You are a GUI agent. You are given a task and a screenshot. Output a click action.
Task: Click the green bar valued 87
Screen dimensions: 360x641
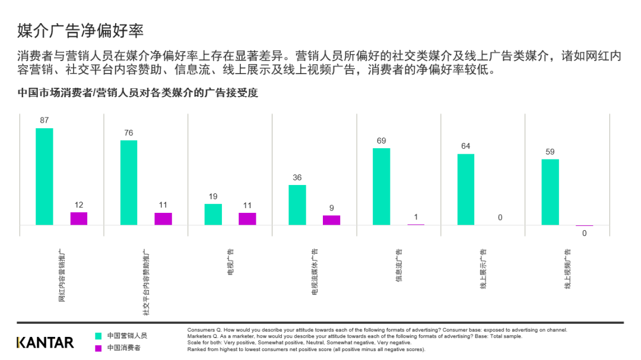pos(45,177)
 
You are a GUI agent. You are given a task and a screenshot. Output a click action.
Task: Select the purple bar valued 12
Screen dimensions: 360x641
pos(79,219)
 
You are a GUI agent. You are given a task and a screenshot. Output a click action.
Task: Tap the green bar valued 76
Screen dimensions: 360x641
pos(129,183)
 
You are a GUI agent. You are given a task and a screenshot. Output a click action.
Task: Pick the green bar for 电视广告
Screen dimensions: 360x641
pos(213,215)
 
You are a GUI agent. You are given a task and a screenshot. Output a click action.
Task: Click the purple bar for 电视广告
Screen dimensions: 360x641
pos(247,219)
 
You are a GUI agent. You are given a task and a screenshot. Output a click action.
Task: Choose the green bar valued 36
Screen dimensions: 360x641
pos(297,205)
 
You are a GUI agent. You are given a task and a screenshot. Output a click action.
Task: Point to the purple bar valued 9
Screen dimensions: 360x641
pos(332,220)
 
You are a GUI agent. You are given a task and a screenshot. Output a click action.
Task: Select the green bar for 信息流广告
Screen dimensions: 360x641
pos(382,187)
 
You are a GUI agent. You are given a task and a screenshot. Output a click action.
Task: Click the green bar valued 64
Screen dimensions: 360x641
pos(466,190)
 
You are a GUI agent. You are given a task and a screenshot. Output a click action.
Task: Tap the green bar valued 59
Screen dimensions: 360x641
pos(550,192)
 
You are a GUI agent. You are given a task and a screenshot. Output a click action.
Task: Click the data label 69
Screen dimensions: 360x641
pos(382,141)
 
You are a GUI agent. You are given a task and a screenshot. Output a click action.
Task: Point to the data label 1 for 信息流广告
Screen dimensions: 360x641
pos(416,217)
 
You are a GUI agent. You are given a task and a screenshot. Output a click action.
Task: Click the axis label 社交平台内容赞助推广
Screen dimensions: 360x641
pos(146,282)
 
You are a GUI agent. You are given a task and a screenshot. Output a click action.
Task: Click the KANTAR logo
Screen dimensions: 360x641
pos(45,342)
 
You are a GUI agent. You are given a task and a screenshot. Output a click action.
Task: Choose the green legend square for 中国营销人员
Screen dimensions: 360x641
pos(99,336)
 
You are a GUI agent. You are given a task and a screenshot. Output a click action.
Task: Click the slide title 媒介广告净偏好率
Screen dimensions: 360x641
pos(80,30)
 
